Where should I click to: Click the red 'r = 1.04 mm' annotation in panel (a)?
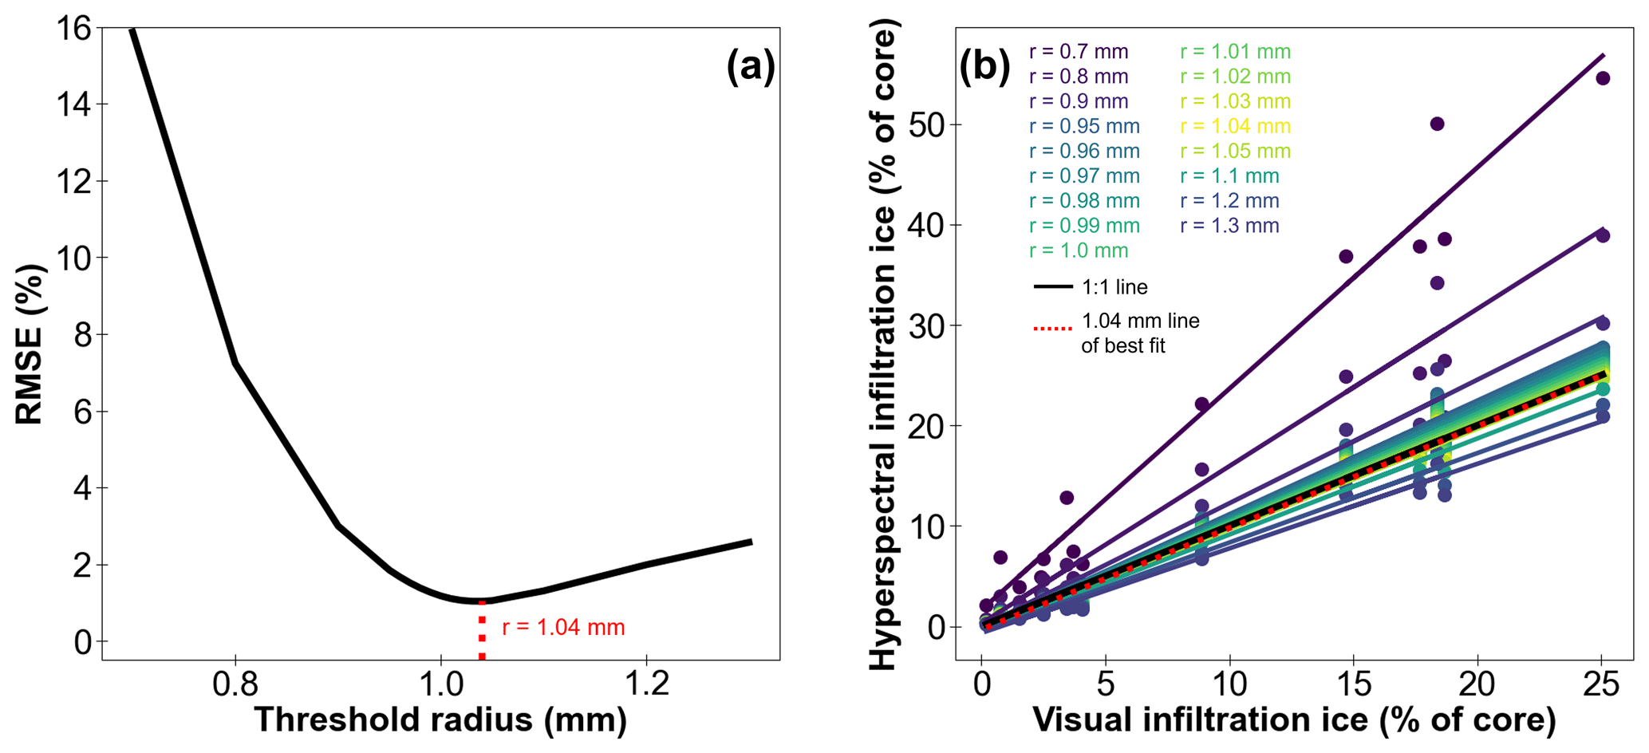click(563, 628)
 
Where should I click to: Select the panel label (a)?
click(750, 67)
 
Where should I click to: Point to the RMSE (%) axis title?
click(30, 344)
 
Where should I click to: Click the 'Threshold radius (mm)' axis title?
click(440, 719)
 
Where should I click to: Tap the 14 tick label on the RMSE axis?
click(74, 104)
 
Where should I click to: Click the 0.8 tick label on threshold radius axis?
click(235, 684)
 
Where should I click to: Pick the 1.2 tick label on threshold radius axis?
click(646, 684)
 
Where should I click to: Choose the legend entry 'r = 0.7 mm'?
click(1079, 52)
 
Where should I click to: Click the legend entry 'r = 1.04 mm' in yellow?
click(1235, 126)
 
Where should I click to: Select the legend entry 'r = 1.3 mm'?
click(1229, 226)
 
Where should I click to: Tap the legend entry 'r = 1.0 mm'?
click(1079, 250)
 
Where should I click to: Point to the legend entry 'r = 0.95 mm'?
click(1084, 126)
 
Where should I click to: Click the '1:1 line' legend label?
click(1114, 287)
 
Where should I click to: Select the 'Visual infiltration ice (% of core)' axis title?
click(1294, 719)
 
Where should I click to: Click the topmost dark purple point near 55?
click(1602, 78)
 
